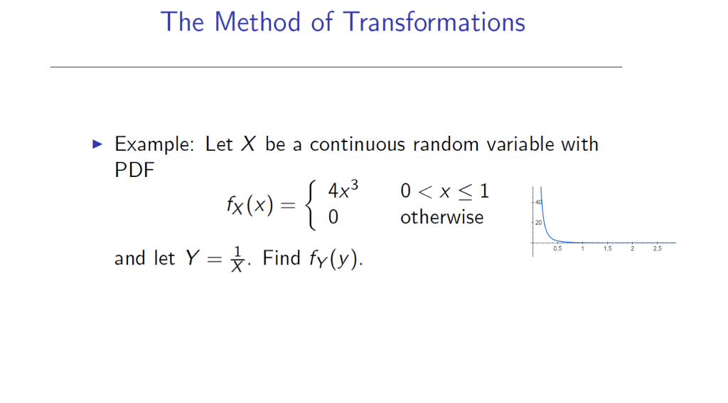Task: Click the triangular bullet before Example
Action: [98, 144]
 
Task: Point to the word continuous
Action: [357, 144]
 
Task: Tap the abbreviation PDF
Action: [134, 171]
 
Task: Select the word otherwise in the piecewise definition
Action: [441, 217]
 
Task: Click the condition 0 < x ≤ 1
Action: [444, 191]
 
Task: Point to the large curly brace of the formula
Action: [309, 205]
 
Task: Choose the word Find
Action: [282, 258]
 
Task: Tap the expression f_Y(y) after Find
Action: [333, 259]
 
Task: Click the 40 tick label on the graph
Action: [538, 203]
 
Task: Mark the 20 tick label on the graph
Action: [538, 222]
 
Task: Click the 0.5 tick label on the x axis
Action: [557, 249]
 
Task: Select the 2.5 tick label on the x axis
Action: [657, 249]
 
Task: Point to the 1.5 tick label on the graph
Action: [607, 249]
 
